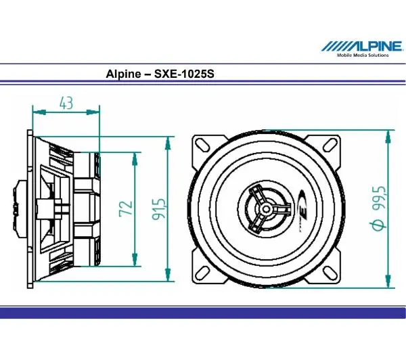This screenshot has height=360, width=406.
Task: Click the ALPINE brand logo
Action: tap(358, 47)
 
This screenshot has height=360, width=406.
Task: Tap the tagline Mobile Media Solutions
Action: tap(363, 55)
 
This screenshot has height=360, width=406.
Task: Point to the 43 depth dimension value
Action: tap(66, 102)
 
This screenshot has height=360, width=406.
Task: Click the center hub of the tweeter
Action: tap(266, 209)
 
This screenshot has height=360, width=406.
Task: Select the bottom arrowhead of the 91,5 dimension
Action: tap(169, 279)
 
